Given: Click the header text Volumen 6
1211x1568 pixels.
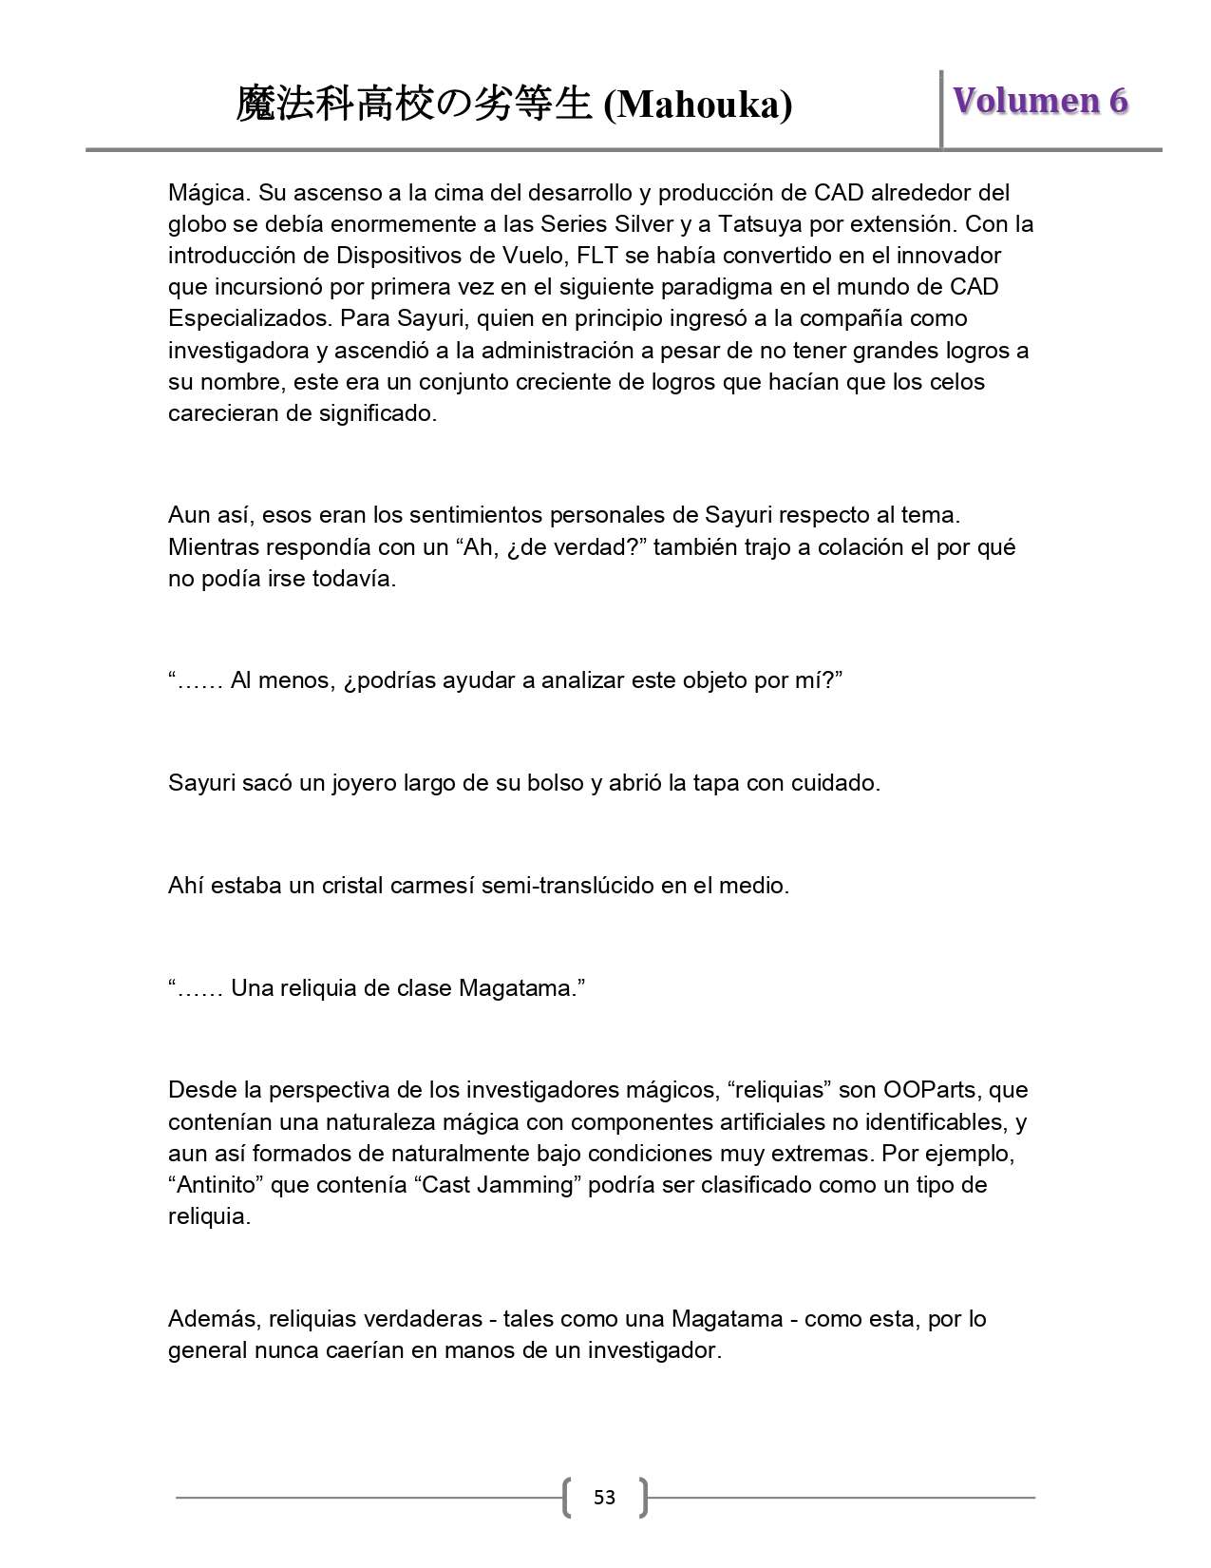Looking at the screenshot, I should [1040, 101].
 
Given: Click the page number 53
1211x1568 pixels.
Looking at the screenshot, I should [604, 1498].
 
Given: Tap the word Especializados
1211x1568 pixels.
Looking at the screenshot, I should [248, 318].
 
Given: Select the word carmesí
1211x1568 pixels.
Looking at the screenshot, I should [432, 886].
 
